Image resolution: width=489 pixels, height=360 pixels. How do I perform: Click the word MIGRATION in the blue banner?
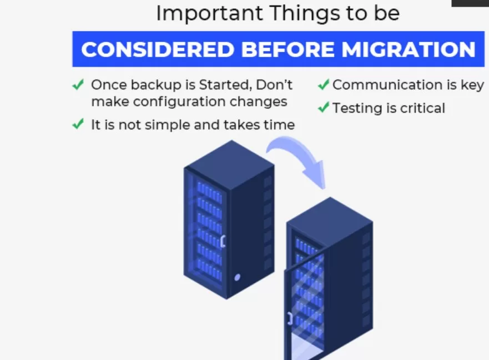pos(408,49)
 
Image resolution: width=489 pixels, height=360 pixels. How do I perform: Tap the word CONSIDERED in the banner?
pos(158,49)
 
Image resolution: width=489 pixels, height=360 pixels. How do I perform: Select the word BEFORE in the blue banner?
pos(288,49)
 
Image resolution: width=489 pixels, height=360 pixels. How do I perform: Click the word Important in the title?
pos(209,13)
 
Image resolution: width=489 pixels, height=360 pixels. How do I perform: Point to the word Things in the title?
pos(305,14)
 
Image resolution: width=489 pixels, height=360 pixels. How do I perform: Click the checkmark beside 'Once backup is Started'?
pos(78,84)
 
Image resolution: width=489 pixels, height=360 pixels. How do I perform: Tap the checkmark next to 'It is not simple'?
pos(78,124)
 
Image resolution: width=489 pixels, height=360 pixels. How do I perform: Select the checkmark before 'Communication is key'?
pos(324,84)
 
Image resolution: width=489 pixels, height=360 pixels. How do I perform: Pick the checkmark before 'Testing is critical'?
pos(324,107)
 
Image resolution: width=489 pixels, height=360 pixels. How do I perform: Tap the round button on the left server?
pos(237,277)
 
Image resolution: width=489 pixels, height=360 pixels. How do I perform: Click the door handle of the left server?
pos(223,241)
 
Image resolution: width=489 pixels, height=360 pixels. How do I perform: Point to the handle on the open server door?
pos(290,318)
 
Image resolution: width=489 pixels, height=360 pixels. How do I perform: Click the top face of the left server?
pos(230,164)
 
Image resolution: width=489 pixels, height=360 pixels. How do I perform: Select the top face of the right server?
pos(330,221)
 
